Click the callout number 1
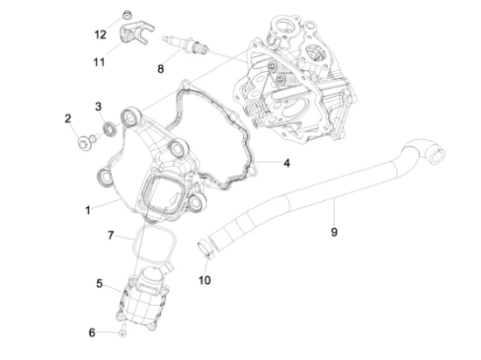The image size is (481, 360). point(88,211)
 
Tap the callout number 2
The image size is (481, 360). point(66,118)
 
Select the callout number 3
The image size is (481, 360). point(99,107)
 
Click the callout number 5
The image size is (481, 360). point(100,283)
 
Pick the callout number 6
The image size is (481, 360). point(92,332)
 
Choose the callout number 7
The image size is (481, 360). point(111,235)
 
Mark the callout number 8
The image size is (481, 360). point(160,67)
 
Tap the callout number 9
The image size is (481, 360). point(333,232)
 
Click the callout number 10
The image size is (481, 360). point(204,280)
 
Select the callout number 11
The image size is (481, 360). point(99,61)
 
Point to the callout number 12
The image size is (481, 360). point(100,35)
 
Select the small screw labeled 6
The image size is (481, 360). point(124,334)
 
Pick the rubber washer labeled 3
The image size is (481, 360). point(110,130)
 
